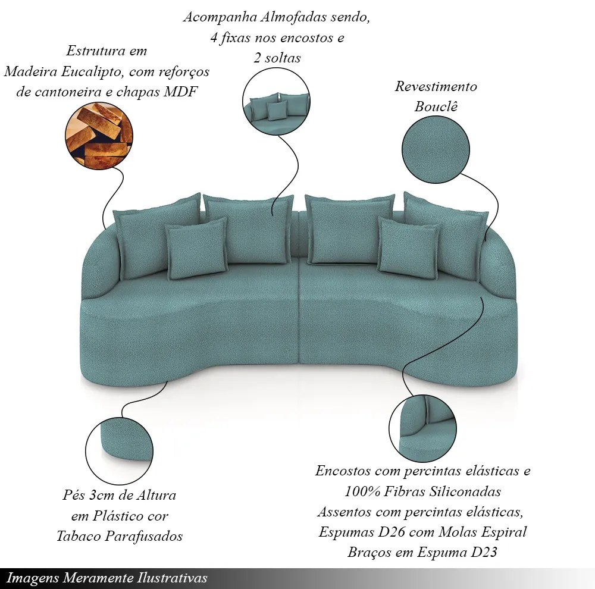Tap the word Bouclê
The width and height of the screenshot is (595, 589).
[436, 106]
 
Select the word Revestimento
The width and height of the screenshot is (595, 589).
[436, 87]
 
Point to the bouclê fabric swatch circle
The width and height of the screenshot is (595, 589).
[436, 149]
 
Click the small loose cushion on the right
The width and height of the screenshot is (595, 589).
[408, 248]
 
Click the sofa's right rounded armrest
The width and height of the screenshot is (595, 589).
[499, 268]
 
